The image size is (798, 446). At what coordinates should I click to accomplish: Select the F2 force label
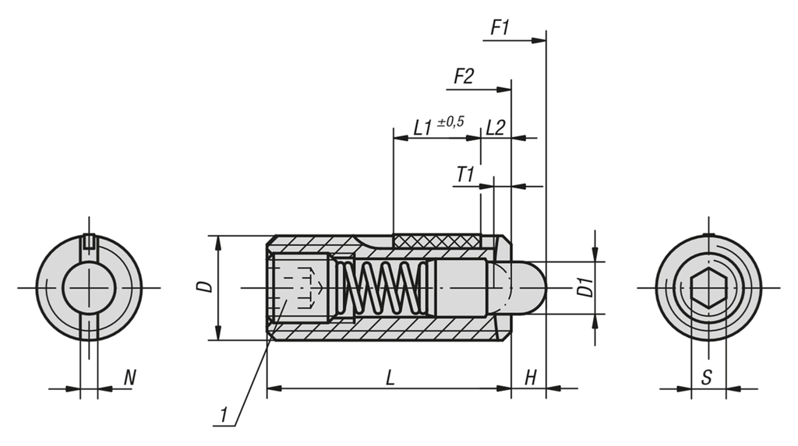click(x=464, y=76)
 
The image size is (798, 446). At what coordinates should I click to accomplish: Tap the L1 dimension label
click(x=423, y=127)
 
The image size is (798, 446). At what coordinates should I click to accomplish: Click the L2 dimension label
click(x=496, y=127)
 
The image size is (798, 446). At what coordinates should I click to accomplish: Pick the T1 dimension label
click(x=465, y=174)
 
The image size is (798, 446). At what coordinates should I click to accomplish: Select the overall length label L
click(x=390, y=378)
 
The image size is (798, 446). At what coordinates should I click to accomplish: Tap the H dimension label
click(x=530, y=378)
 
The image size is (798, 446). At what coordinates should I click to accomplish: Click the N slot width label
click(x=130, y=378)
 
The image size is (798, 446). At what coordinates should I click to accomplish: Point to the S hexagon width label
click(x=706, y=378)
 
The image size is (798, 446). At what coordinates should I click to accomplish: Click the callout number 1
click(x=224, y=416)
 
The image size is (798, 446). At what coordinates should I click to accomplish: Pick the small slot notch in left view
click(x=90, y=241)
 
